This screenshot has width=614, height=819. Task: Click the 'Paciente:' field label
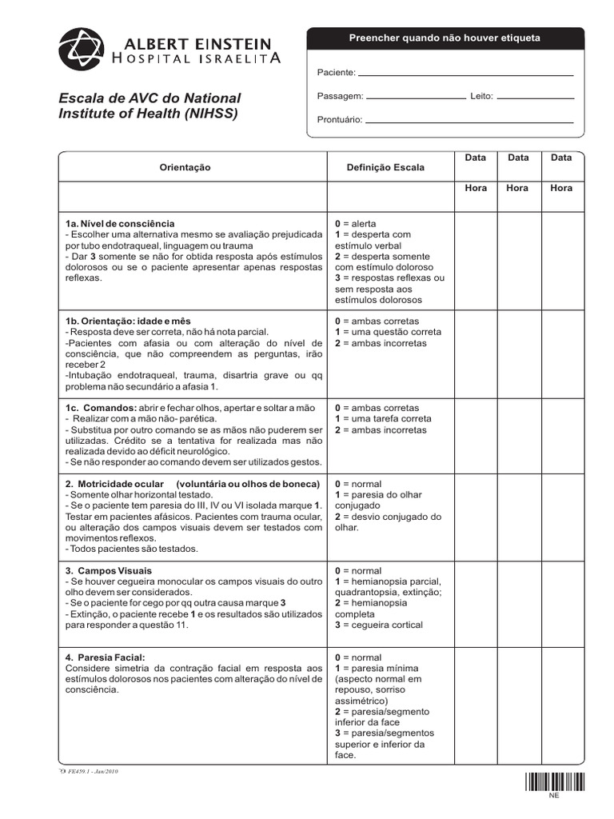tap(337, 73)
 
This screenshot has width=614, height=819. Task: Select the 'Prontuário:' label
tap(340, 120)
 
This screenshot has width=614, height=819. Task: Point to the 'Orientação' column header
tap(185, 168)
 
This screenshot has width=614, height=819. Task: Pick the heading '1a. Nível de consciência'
tap(120, 223)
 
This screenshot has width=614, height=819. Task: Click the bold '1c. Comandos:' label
tap(101, 408)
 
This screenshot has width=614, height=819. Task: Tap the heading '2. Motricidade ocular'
tap(114, 484)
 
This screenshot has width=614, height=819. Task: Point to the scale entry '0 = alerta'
tap(356, 223)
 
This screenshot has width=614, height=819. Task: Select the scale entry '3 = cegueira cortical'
tap(379, 625)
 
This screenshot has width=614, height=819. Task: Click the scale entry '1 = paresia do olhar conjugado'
tap(379, 501)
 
